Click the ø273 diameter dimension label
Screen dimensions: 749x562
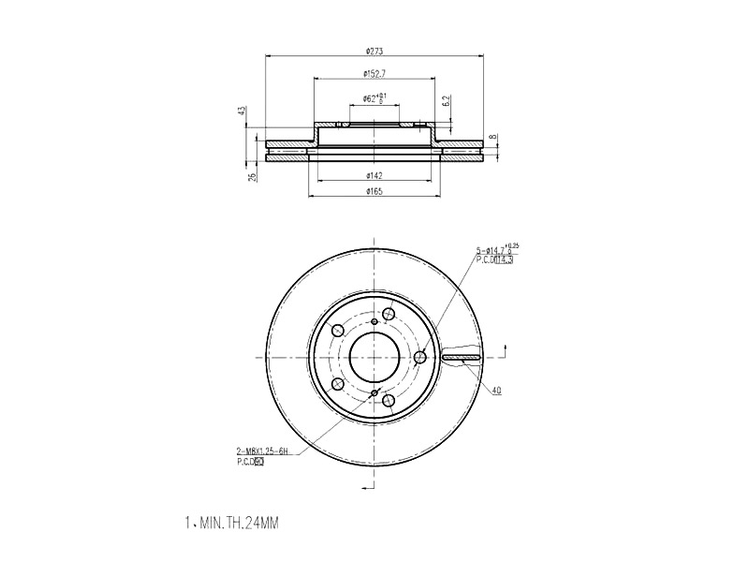[x=375, y=51]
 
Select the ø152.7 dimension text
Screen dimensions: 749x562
[x=375, y=73]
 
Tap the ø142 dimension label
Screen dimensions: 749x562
[x=375, y=174]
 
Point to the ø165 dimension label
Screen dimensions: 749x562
[x=375, y=191]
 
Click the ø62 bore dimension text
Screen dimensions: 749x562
[x=374, y=97]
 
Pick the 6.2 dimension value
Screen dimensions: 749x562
[x=447, y=100]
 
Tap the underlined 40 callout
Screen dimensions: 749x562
[x=496, y=390]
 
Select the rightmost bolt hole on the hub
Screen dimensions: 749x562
[x=420, y=357]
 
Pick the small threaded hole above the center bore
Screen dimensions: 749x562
[x=374, y=322]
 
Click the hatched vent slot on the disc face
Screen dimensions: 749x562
[x=463, y=357]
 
